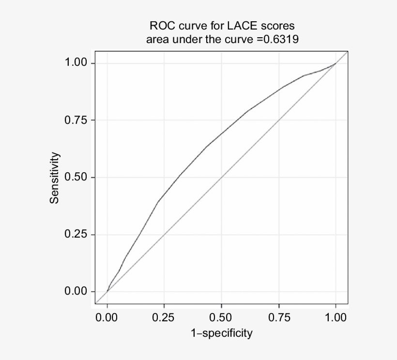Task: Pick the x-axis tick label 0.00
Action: point(107,318)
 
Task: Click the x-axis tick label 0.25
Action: point(164,318)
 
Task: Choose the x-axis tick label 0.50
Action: point(221,318)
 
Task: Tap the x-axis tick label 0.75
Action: point(278,318)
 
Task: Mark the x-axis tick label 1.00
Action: point(336,318)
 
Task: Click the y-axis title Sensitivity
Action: point(56,178)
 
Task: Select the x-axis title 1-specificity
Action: point(221,333)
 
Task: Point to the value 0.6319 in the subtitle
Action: point(277,39)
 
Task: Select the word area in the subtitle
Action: point(156,39)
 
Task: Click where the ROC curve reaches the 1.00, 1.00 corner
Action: point(336,63)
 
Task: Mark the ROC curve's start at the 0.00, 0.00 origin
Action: point(107,292)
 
